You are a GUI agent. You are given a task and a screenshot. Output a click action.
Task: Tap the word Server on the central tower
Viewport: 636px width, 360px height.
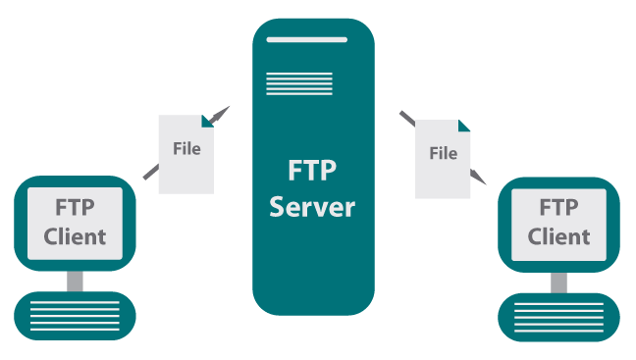[312, 207]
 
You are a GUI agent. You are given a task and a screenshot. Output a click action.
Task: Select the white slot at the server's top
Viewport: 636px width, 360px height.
[313, 39]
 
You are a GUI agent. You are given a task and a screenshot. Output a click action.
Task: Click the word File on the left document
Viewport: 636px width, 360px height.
[185, 149]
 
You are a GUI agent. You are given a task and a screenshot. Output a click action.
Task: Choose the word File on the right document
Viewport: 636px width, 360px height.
[444, 153]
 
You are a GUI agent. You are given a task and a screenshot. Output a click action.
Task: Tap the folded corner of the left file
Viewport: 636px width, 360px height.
[207, 121]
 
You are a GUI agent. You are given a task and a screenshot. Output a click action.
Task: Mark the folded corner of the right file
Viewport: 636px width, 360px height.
[463, 126]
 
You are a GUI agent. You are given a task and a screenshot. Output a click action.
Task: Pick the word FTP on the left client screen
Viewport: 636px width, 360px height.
[76, 208]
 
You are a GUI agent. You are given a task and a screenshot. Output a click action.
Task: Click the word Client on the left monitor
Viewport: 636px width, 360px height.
[76, 236]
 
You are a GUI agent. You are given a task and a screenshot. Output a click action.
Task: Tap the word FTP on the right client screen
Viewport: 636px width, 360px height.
[558, 208]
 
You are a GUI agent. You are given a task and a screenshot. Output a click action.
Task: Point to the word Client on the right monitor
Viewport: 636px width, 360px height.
[558, 236]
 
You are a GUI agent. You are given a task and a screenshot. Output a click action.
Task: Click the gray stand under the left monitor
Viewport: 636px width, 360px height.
[76, 282]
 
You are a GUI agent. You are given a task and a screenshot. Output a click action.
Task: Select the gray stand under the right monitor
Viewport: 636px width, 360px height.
[558, 282]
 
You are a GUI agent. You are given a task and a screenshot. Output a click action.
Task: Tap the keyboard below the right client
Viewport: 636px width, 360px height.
[559, 316]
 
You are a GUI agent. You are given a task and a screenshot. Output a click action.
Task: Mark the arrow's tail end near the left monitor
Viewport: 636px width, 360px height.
[147, 177]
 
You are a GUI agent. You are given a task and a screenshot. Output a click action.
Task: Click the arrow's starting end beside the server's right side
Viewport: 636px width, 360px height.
[403, 116]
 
